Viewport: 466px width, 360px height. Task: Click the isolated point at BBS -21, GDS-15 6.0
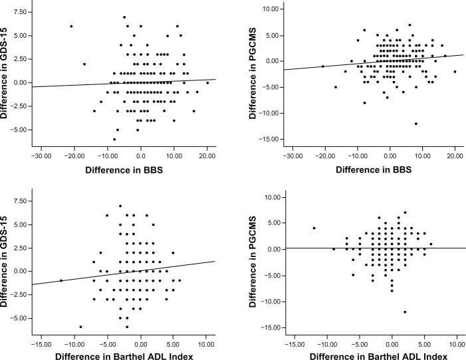pos(71,27)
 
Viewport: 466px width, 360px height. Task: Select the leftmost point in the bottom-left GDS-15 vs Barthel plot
pos(61,280)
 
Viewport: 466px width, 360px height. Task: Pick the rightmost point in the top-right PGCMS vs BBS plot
pos(455,72)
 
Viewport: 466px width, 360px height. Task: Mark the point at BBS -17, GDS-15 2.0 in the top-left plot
pos(84,64)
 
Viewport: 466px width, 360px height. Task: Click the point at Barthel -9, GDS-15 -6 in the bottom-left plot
pos(81,327)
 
